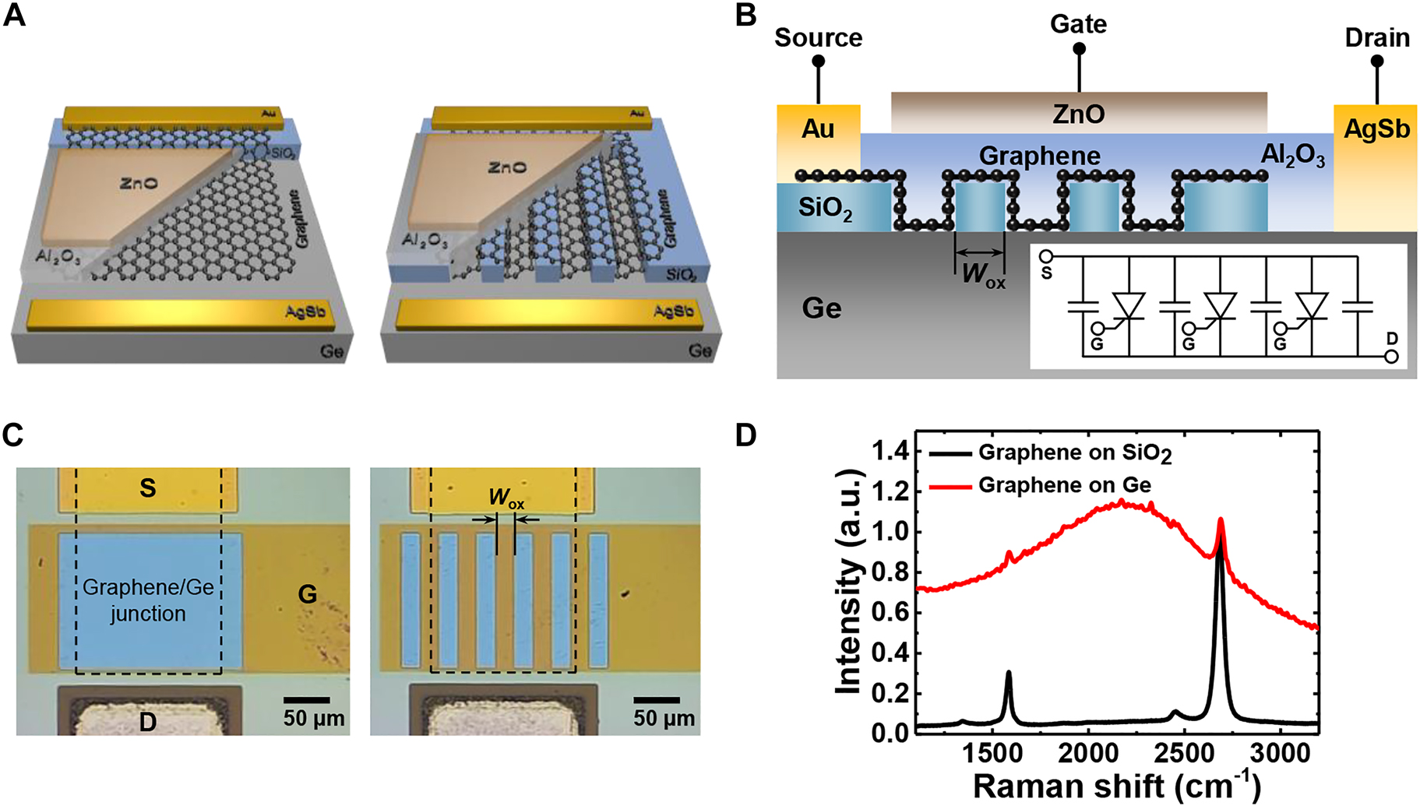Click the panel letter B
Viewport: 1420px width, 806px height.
click(x=745, y=15)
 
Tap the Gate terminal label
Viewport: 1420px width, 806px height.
click(x=1078, y=24)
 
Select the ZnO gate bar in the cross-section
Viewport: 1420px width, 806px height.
click(x=1078, y=114)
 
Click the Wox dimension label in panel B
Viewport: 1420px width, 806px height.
click(x=983, y=275)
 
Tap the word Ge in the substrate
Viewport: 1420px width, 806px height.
click(x=821, y=309)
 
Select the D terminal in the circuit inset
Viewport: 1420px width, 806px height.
click(x=1391, y=356)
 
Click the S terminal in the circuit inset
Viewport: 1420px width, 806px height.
click(x=1046, y=257)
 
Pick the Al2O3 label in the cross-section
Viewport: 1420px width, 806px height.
click(x=1292, y=156)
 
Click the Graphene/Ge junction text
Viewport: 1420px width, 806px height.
click(x=148, y=600)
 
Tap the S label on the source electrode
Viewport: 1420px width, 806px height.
click(x=148, y=488)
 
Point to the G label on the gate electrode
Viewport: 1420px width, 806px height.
click(x=308, y=595)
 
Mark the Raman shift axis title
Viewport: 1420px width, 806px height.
click(x=1115, y=785)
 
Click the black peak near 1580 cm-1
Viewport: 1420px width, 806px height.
click(x=1009, y=674)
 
